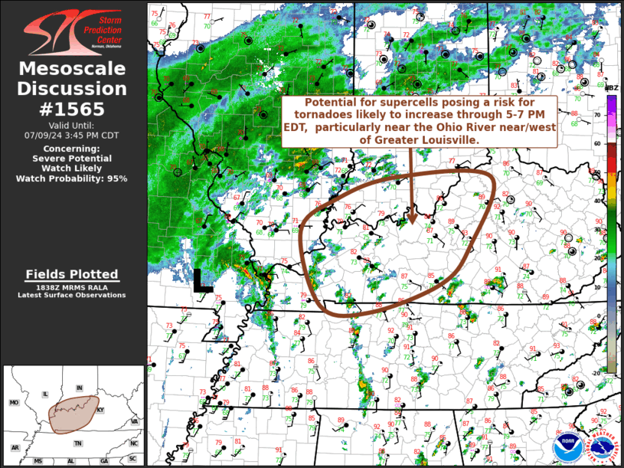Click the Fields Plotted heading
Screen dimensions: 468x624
[x=72, y=274]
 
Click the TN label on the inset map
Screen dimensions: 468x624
[x=77, y=443]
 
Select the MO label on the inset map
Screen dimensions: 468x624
[x=14, y=402]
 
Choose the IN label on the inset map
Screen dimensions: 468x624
[x=79, y=388]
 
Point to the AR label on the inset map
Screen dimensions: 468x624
[x=15, y=447]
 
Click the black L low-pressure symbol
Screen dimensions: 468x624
[x=202, y=280]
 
